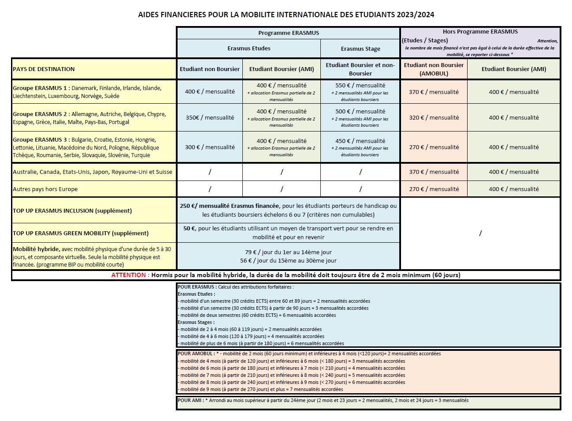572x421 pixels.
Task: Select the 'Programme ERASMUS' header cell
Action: (x=288, y=33)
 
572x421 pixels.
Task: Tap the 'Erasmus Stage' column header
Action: (x=360, y=49)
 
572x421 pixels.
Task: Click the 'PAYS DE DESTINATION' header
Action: (x=44, y=69)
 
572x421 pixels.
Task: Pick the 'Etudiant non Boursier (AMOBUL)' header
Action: (x=434, y=69)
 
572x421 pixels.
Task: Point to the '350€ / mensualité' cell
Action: (x=210, y=118)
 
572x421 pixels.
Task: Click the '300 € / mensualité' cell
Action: (x=210, y=147)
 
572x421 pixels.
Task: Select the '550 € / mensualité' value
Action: (x=360, y=86)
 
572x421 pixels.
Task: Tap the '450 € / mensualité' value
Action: (x=360, y=141)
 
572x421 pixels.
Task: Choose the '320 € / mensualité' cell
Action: (x=434, y=118)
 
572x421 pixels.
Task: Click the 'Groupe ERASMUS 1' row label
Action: (x=40, y=88)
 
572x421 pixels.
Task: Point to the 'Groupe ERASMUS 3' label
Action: (x=40, y=140)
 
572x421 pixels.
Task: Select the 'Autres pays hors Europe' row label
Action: (x=45, y=189)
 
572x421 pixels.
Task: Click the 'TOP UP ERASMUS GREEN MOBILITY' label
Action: (x=80, y=233)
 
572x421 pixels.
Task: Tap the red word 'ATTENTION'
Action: (x=128, y=275)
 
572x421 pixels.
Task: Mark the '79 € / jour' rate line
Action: (x=288, y=252)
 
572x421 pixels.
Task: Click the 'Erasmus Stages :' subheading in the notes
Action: (x=195, y=322)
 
